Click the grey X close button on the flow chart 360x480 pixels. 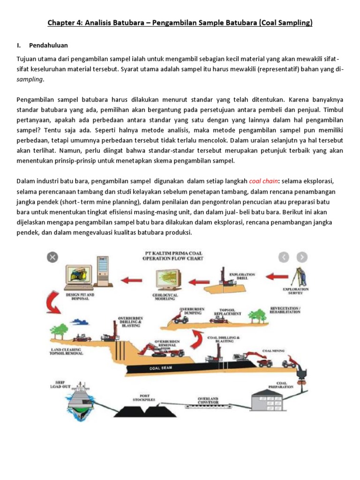pyautogui.click(x=52, y=257)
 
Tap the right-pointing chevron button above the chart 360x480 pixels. pyautogui.click(x=302, y=257)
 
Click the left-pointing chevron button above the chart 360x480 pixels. pyautogui.click(x=284, y=257)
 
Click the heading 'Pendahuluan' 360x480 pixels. pyautogui.click(x=48, y=45)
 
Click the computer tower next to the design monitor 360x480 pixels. pyautogui.click(x=103, y=277)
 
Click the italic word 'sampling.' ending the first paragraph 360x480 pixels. pyautogui.click(x=30, y=79)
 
